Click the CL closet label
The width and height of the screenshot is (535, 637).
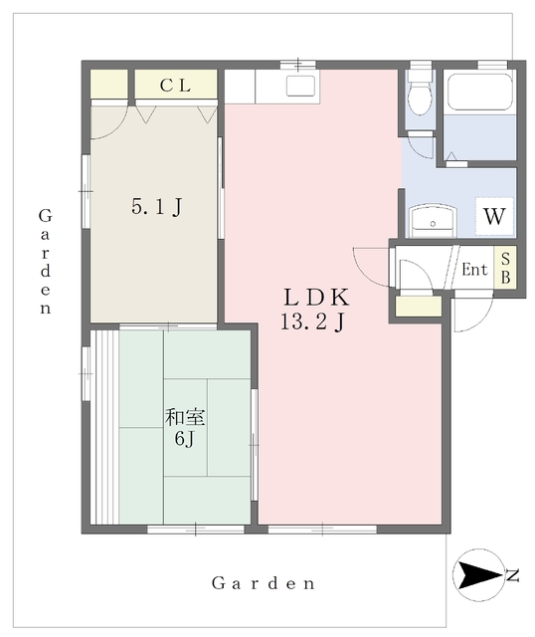(x=175, y=86)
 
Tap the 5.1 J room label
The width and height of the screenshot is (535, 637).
(x=157, y=206)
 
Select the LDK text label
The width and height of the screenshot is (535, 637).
(x=316, y=297)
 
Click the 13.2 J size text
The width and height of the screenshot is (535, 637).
(x=313, y=322)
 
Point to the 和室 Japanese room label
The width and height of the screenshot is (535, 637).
(x=185, y=418)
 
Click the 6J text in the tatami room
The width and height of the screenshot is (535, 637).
(x=185, y=438)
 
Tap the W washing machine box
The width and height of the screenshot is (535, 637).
(x=494, y=216)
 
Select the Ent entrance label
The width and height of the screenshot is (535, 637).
(x=474, y=270)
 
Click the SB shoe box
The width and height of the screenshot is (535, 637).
(x=505, y=268)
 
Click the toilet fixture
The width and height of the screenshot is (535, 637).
(x=420, y=93)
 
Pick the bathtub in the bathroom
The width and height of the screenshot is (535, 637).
(x=479, y=92)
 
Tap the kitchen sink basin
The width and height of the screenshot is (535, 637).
(x=300, y=86)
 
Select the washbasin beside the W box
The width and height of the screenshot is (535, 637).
(x=433, y=221)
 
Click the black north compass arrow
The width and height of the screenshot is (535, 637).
(x=478, y=575)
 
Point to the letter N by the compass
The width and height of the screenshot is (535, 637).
(x=513, y=575)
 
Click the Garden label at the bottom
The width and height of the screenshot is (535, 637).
(x=264, y=583)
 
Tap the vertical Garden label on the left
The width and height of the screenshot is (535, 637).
(x=45, y=262)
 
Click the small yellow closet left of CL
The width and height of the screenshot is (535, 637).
(x=108, y=84)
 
